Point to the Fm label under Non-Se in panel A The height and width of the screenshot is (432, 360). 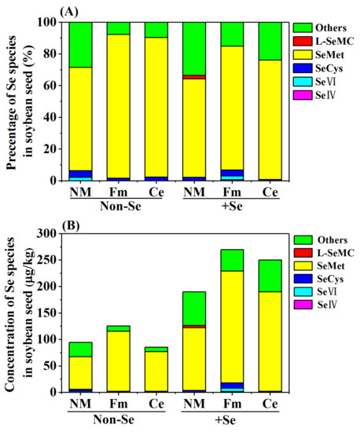(118, 192)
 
